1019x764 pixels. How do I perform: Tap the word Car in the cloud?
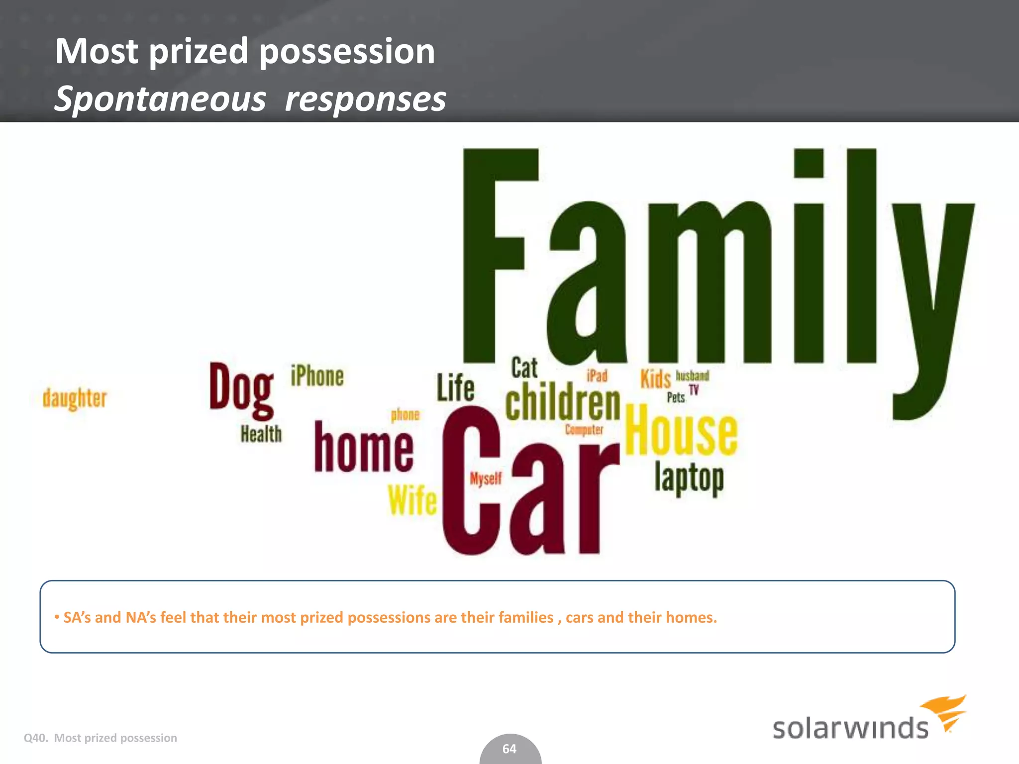pyautogui.click(x=530, y=487)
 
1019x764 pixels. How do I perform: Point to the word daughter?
pyautogui.click(x=75, y=398)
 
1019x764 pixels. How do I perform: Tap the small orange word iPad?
pyautogui.click(x=597, y=376)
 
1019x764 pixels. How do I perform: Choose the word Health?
pyautogui.click(x=261, y=434)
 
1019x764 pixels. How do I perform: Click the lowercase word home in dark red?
pyautogui.click(x=364, y=448)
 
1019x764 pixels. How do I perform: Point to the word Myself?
pyautogui.click(x=486, y=478)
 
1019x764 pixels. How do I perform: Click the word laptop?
pyautogui.click(x=689, y=478)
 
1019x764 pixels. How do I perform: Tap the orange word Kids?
pyautogui.click(x=655, y=379)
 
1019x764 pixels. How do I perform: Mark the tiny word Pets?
pyautogui.click(x=676, y=397)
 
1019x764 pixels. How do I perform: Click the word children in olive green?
pyautogui.click(x=563, y=403)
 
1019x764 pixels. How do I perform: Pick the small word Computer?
pyautogui.click(x=584, y=429)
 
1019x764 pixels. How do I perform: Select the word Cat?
pyautogui.click(x=524, y=368)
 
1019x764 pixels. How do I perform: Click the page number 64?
pyautogui.click(x=509, y=749)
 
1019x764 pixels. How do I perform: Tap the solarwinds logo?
pyautogui.click(x=868, y=720)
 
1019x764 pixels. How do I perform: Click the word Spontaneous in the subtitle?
pyautogui.click(x=160, y=99)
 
